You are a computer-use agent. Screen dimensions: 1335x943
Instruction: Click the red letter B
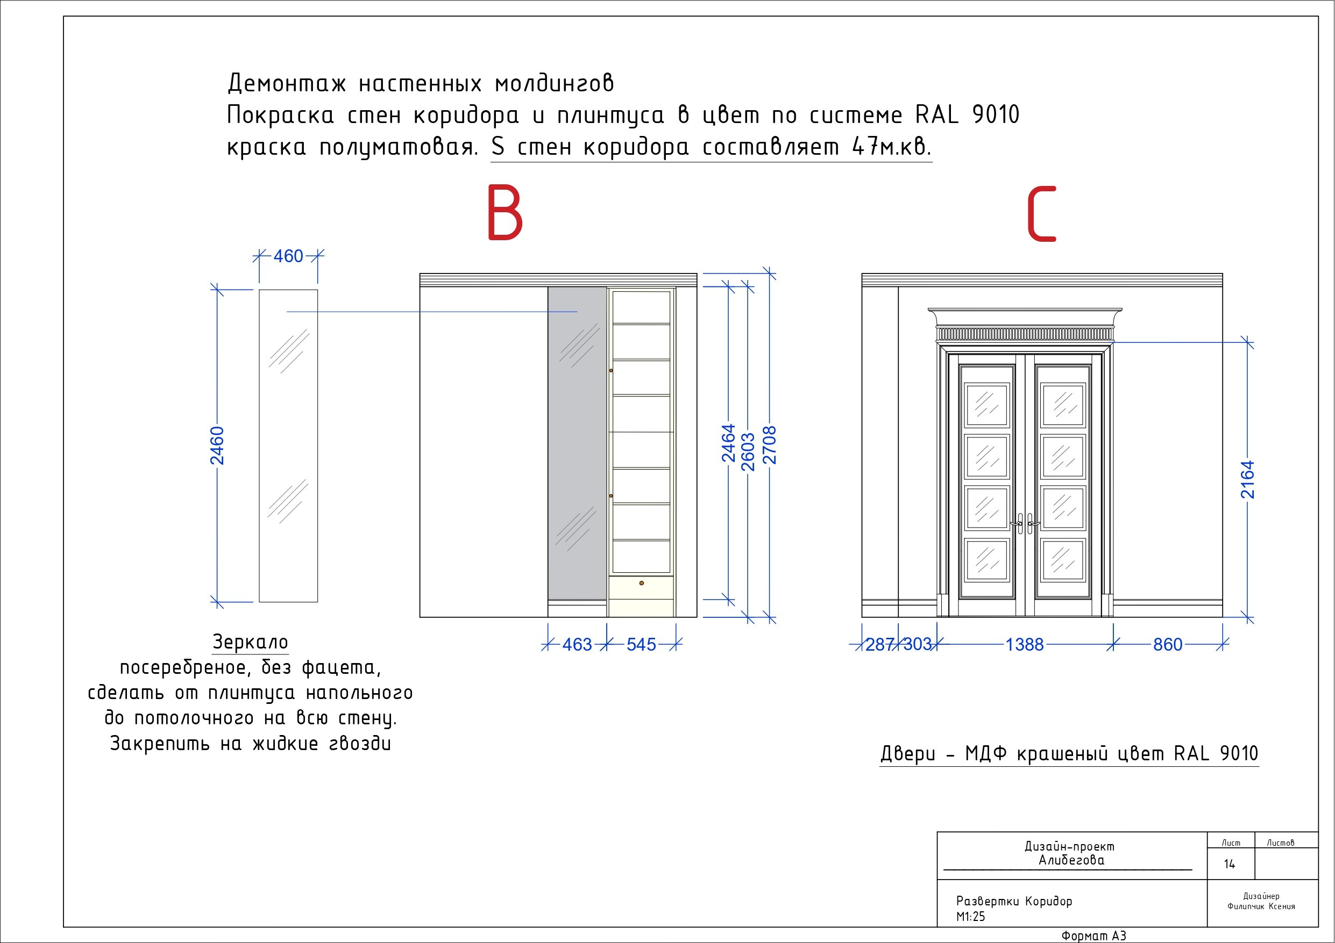coord(505,213)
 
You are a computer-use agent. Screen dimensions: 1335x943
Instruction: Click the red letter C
coord(1041,214)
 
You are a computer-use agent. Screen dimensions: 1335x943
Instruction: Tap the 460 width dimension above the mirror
coord(288,256)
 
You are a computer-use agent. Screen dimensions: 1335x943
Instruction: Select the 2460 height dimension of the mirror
coord(217,445)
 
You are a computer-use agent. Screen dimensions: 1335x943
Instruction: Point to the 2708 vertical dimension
coord(769,445)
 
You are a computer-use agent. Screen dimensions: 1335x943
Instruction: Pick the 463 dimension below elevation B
coord(577,644)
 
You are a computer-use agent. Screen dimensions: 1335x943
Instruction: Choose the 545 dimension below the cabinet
coord(641,644)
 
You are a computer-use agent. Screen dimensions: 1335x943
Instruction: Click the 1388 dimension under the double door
coord(1025,644)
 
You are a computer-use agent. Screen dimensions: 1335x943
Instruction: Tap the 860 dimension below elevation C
coord(1168,644)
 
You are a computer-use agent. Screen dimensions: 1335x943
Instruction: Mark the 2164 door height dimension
coord(1247,479)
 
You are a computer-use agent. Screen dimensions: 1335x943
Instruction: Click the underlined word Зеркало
coord(251,642)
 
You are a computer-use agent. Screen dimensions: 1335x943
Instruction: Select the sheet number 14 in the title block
coord(1229,864)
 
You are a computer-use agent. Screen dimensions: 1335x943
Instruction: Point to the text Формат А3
coord(1093,935)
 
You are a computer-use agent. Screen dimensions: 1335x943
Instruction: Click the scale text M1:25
coord(971,916)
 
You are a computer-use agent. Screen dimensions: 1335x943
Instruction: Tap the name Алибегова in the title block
coord(1071,860)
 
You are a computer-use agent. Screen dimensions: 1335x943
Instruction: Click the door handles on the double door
coord(1025,523)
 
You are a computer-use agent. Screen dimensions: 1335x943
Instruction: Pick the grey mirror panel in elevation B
coord(577,444)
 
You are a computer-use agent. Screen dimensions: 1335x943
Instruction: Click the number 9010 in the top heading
coord(996,115)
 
